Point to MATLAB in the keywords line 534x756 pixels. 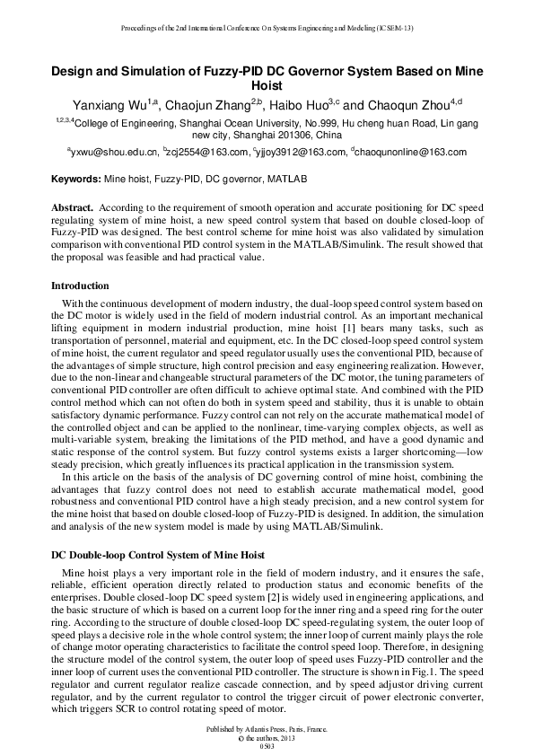tap(288, 180)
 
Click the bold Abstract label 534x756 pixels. tap(73, 207)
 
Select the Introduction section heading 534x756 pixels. tap(80, 286)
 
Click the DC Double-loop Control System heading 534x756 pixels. tap(157, 556)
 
